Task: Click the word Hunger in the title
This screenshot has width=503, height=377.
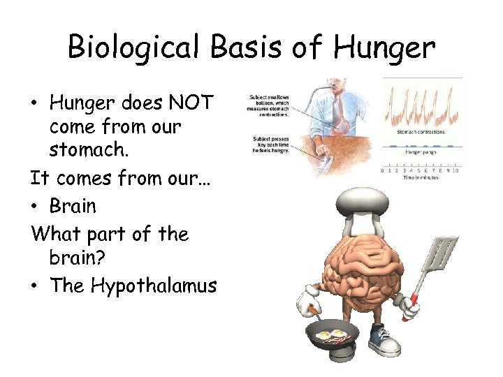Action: click(385, 48)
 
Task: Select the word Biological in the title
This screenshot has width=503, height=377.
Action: click(130, 48)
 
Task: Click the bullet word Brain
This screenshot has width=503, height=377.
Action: click(73, 206)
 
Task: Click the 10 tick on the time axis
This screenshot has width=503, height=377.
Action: click(456, 170)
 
